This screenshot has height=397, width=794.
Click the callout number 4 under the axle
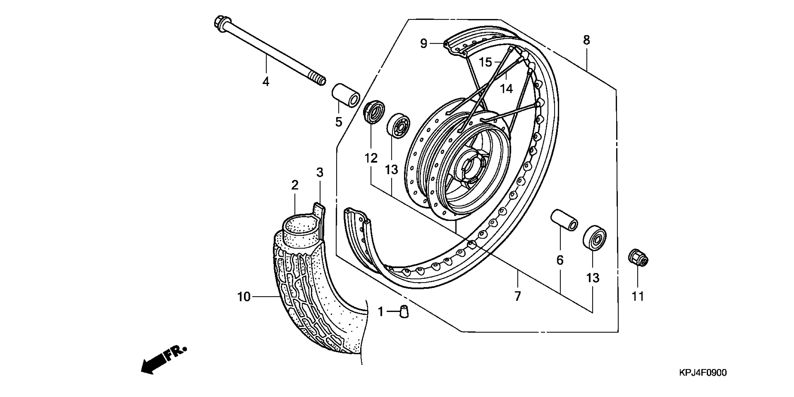click(266, 82)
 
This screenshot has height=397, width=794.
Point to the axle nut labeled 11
click(638, 258)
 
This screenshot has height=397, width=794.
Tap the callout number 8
click(586, 40)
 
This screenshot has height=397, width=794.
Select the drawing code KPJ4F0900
click(703, 373)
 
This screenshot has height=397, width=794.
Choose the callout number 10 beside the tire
click(244, 297)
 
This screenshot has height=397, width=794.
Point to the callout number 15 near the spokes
click(486, 62)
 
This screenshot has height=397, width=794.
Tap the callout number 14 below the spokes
click(506, 89)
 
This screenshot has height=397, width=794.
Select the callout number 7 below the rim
click(518, 296)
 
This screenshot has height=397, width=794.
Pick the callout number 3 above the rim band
click(320, 172)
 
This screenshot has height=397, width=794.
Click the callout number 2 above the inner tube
click(295, 185)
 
